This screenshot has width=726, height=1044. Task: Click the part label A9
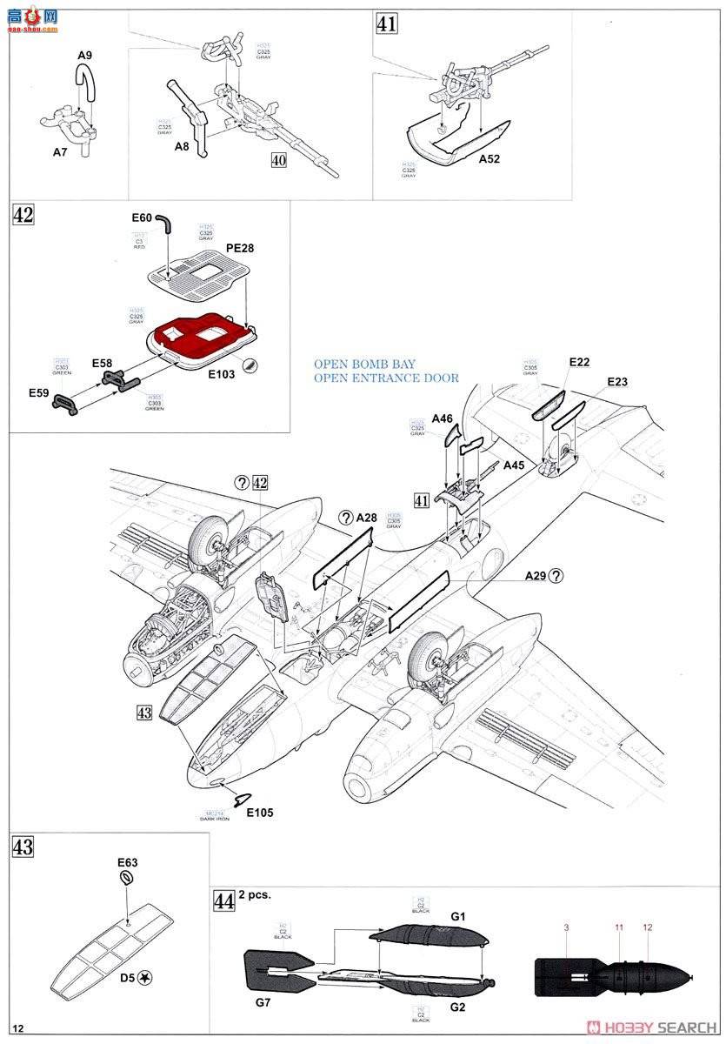pyautogui.click(x=84, y=56)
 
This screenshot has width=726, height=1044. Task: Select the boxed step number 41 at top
pyautogui.click(x=386, y=23)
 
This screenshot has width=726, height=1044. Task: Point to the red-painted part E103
pyautogui.click(x=200, y=336)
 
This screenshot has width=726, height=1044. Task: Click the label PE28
pyautogui.click(x=239, y=248)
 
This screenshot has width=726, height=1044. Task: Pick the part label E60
pyautogui.click(x=142, y=217)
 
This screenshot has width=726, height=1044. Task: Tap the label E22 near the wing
pyautogui.click(x=580, y=361)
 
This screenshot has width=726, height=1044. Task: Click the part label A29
pyautogui.click(x=536, y=575)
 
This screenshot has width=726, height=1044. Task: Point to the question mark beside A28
pyautogui.click(x=345, y=518)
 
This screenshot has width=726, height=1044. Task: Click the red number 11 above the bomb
pyautogui.click(x=619, y=929)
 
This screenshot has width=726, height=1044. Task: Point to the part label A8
pyautogui.click(x=181, y=147)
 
